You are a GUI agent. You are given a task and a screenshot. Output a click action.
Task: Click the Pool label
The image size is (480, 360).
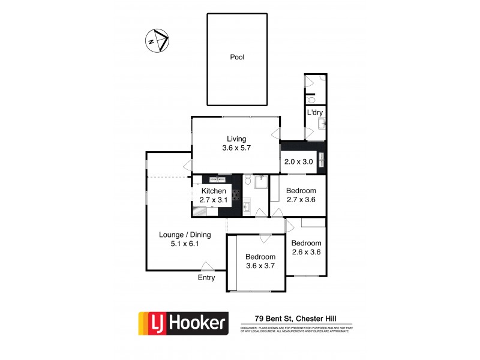[237, 58]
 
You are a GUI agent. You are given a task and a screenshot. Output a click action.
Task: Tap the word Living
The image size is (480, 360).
[236, 139]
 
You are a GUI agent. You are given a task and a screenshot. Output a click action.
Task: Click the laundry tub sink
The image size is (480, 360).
[322, 124]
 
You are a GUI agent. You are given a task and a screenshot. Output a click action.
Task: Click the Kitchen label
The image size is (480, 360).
[214, 191]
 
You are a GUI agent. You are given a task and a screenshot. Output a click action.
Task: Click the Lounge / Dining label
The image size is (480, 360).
[184, 235]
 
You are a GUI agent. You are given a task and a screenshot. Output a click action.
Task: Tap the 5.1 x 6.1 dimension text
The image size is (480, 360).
[184, 244]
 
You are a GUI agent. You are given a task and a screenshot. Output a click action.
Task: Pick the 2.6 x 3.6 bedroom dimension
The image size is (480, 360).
[306, 252]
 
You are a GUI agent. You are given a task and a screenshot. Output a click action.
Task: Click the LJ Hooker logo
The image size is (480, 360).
[183, 323]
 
